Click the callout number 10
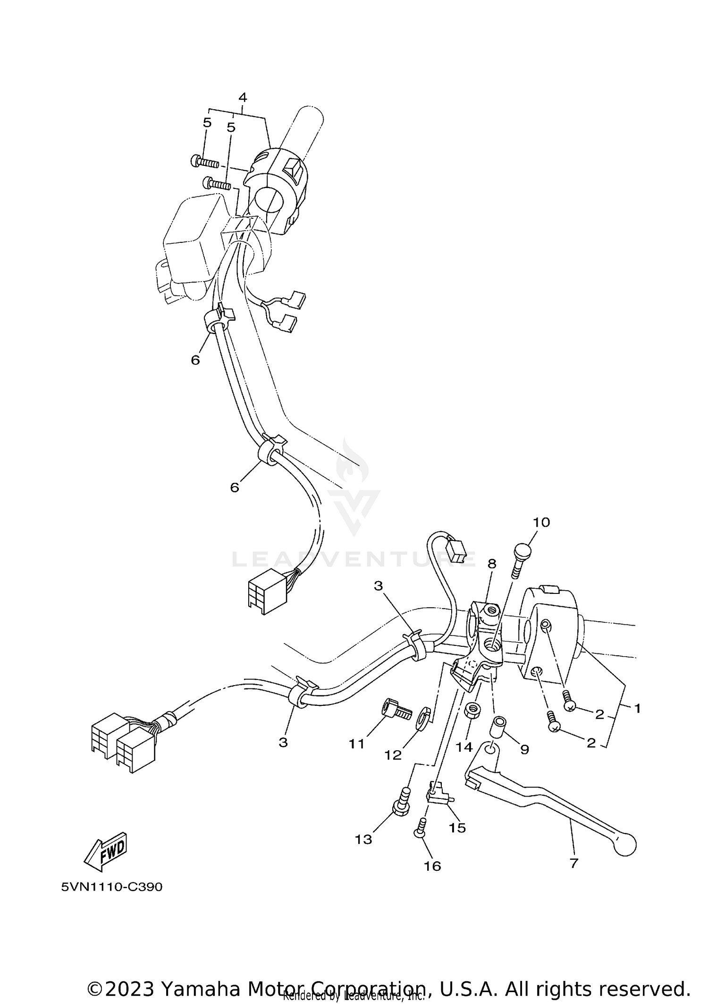coord(541,523)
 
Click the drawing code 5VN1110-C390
coord(112,887)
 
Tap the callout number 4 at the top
coord(243,98)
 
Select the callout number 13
coord(364,840)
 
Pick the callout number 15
coord(457,828)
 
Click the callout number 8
coord(492,564)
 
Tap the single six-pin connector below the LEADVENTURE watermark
coord(266,596)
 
